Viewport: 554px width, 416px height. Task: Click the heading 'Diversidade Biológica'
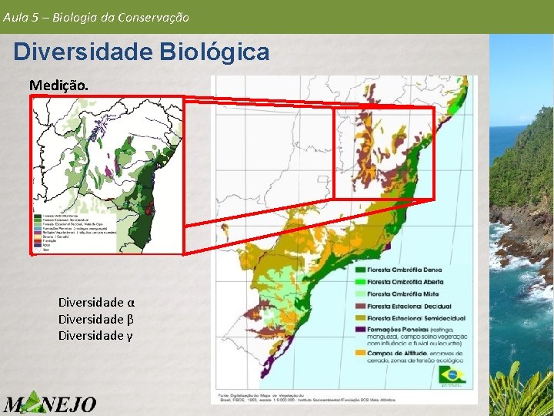(x=142, y=52)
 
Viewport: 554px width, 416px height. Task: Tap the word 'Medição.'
(x=58, y=84)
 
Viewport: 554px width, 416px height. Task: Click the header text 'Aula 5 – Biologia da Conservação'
(x=96, y=16)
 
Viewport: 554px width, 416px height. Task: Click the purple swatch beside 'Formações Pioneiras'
(x=359, y=330)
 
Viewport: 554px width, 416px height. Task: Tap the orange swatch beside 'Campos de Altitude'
(x=359, y=353)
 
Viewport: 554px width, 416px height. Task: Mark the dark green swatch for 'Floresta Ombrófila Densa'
(x=359, y=270)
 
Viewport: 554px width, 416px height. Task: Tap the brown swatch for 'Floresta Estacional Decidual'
(x=359, y=307)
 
